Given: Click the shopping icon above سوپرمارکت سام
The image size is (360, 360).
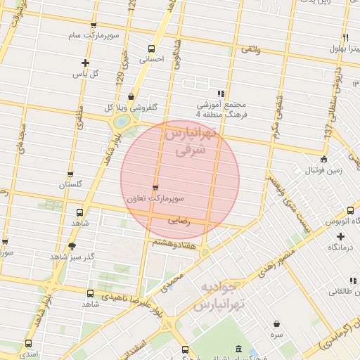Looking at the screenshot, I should click(x=94, y=26).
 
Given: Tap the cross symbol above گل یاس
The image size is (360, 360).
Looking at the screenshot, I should click(x=86, y=63).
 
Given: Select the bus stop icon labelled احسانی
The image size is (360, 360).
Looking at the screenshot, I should click(x=151, y=49).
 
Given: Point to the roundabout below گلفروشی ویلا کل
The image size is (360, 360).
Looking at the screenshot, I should click(x=123, y=122).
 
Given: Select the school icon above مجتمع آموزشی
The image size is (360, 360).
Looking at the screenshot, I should click(x=221, y=93).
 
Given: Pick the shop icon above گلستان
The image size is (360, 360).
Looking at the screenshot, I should click(x=70, y=174).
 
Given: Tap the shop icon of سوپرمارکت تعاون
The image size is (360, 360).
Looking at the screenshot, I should click(x=155, y=187).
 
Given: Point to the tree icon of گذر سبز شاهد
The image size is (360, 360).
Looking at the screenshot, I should click(x=70, y=245).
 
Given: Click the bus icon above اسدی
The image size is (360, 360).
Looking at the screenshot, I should click(x=29, y=344).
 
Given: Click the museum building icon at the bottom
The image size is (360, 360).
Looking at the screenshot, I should click(x=238, y=349).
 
